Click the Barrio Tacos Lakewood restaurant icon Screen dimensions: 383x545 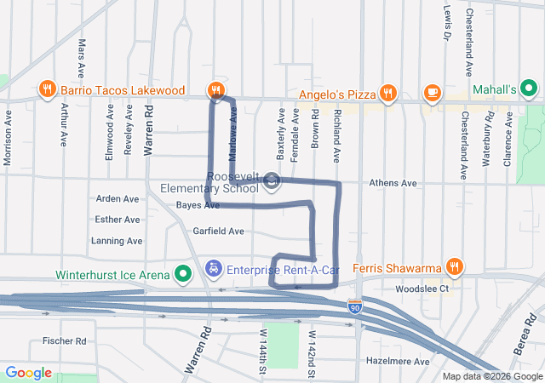click(48, 89)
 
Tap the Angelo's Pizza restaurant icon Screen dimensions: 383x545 click(388, 93)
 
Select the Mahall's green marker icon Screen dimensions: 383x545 click(528, 89)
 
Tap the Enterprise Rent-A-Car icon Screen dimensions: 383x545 click(215, 269)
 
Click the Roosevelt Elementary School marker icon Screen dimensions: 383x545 click(272, 180)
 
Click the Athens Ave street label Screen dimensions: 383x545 click(393, 183)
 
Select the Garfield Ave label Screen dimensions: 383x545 click(218, 231)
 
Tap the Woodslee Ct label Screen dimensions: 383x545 click(416, 289)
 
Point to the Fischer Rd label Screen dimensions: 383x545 click(65, 341)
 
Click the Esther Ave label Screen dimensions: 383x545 click(118, 220)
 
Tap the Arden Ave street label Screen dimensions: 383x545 click(118, 198)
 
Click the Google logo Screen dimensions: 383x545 click(28, 373)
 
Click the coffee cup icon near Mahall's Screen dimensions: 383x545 click(432, 92)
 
